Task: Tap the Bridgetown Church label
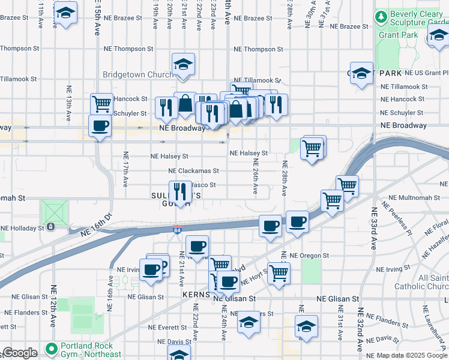pos(138,74)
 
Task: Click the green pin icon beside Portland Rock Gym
pos(50,349)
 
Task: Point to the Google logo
pos(20,353)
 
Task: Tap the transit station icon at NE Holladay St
pos(50,227)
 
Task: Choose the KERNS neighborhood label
pos(196,296)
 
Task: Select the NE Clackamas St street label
pos(189,170)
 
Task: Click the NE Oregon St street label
pos(309,255)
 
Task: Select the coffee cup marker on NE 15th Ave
pos(100,125)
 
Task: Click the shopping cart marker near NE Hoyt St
pos(279,273)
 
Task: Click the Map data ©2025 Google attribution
pos(412,356)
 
